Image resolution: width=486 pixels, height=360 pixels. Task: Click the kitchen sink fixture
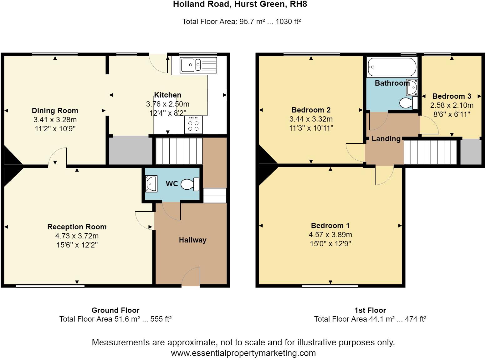tap(198, 65)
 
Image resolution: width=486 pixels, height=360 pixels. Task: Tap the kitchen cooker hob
tap(193, 125)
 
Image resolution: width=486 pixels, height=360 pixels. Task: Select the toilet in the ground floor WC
tap(191, 184)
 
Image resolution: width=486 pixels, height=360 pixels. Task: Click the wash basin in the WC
tap(151, 183)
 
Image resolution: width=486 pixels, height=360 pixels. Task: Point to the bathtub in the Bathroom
tap(392, 67)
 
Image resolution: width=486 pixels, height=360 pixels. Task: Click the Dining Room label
tap(55, 111)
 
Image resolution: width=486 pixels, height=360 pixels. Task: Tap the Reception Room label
tap(77, 227)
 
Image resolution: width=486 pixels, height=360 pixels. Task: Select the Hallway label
tap(192, 240)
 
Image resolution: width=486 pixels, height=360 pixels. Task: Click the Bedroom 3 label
tap(452, 96)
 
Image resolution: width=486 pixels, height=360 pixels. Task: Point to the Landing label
tap(386, 139)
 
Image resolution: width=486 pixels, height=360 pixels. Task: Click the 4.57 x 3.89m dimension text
tap(330, 235)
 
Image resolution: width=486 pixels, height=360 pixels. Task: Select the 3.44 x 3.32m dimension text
tap(311, 119)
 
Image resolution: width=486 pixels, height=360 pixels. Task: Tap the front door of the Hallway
tap(191, 277)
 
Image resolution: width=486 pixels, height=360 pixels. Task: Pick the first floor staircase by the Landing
tap(430, 152)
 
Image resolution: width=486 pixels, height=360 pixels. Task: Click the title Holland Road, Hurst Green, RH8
tap(240, 5)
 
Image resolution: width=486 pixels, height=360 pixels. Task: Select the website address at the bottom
tap(243, 353)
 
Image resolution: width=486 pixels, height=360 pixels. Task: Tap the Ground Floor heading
tap(115, 310)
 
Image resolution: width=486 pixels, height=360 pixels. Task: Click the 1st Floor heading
tap(370, 310)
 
